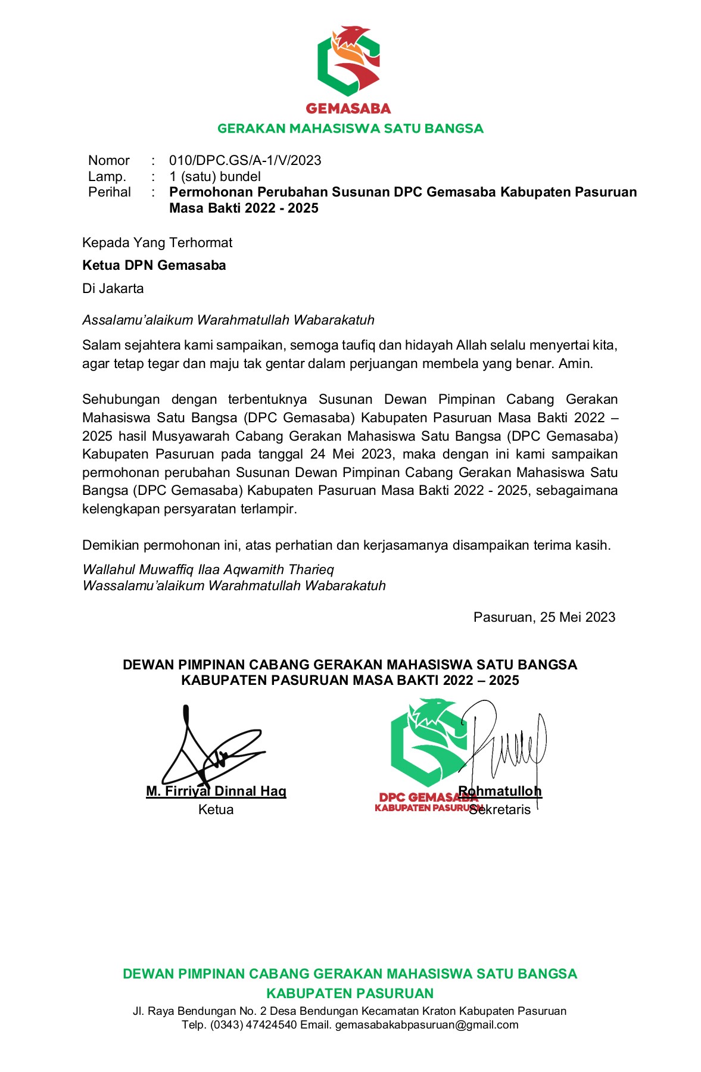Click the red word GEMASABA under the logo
[348, 108]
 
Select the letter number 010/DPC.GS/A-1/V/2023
[245, 160]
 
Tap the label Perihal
[109, 192]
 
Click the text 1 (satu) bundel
[214, 176]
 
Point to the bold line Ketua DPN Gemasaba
[154, 265]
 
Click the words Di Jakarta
[113, 288]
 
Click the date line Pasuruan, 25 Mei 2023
[544, 617]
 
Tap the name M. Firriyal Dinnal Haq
[216, 791]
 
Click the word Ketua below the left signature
[216, 809]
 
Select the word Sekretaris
[500, 810]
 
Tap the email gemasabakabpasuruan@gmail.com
[426, 1025]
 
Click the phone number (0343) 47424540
[253, 1025]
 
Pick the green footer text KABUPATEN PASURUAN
[350, 993]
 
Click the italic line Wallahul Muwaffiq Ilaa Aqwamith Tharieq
[208, 569]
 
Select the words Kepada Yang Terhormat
[157, 242]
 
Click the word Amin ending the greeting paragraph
[575, 363]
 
